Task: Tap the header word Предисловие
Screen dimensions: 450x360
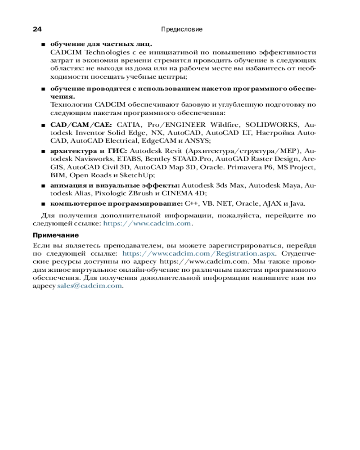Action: (181, 30)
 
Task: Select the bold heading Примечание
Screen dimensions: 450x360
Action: (56, 235)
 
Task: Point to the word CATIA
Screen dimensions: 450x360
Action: (129, 125)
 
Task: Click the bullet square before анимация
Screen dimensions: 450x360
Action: (43, 185)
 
